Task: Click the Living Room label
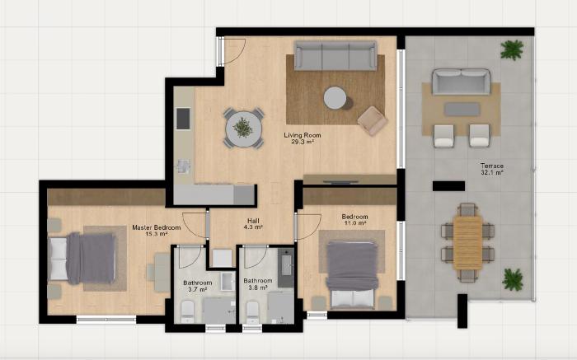[x=302, y=138]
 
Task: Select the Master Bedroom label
[x=157, y=230]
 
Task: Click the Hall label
[x=252, y=222]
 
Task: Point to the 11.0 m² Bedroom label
[x=354, y=220]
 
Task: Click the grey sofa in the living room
[x=335, y=56]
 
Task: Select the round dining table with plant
[x=243, y=129]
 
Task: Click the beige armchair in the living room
[x=372, y=120]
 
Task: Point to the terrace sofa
[x=462, y=82]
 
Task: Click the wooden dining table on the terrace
[x=467, y=241]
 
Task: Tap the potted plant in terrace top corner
[x=513, y=49]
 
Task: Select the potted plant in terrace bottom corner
[x=514, y=278]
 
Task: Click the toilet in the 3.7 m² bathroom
[x=187, y=310]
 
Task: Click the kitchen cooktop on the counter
[x=183, y=119]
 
